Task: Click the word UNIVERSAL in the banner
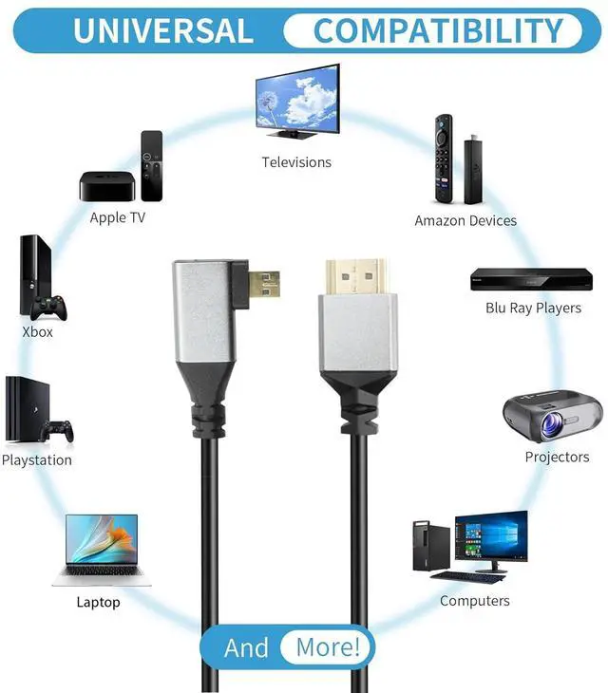click(162, 30)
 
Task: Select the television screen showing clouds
click(296, 100)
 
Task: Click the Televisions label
click(296, 162)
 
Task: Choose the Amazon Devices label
click(465, 220)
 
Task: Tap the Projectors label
click(557, 457)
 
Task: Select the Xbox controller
click(48, 308)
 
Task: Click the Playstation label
click(37, 460)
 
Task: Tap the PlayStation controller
click(57, 432)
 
